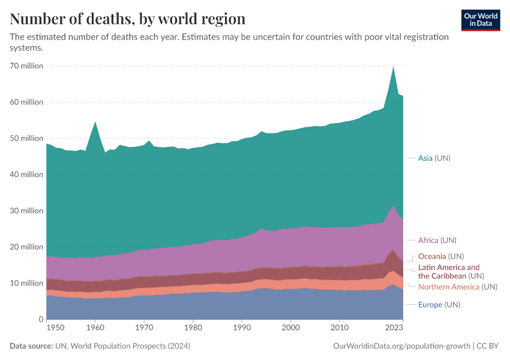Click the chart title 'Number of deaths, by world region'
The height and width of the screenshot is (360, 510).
[127, 19]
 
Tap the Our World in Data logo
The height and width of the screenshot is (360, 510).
[480, 20]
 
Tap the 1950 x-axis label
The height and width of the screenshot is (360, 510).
[55, 328]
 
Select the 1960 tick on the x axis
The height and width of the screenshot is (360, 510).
[95, 328]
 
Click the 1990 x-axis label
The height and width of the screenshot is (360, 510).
[242, 328]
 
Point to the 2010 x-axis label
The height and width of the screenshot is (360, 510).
[340, 328]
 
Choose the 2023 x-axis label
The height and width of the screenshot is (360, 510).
[394, 328]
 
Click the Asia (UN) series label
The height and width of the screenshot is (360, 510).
[434, 158]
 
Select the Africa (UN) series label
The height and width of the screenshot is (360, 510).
[437, 240]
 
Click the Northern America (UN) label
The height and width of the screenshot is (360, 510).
[457, 287]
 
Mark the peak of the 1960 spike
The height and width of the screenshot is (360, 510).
[95, 122]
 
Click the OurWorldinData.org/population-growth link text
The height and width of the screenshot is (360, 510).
[401, 346]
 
